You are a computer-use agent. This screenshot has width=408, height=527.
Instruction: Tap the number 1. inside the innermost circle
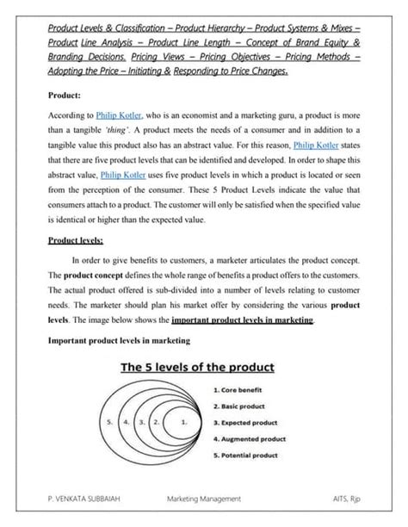(x=184, y=423)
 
